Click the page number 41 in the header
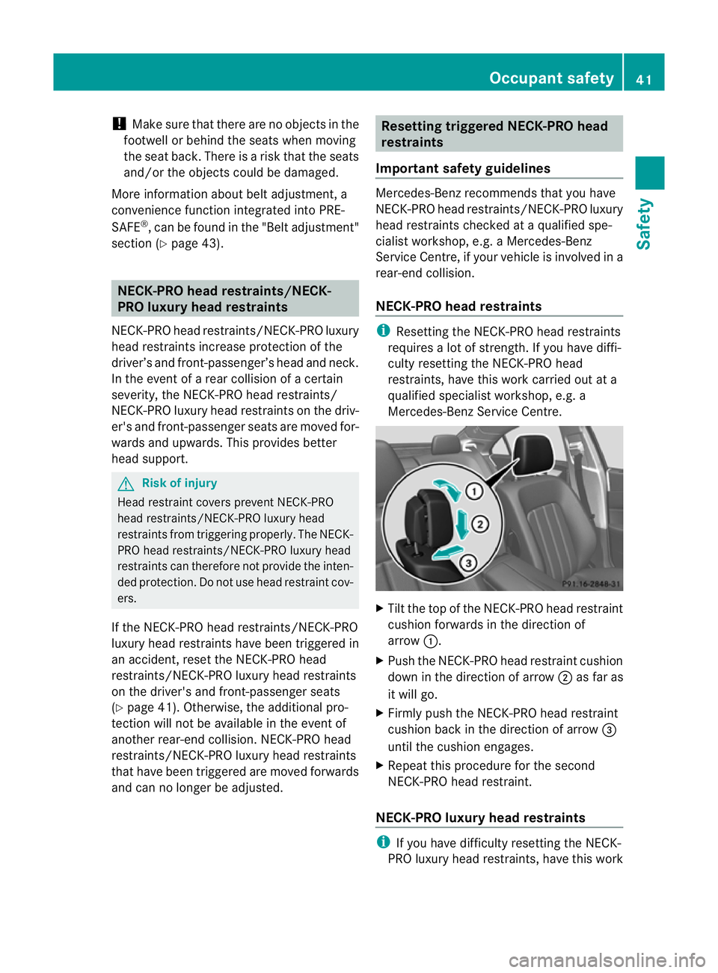pyautogui.click(x=644, y=79)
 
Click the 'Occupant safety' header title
pyautogui.click(x=551, y=78)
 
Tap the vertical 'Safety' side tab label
pyautogui.click(x=644, y=223)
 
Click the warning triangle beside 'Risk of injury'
pyautogui.click(x=126, y=484)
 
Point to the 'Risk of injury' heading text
pyautogui.click(x=179, y=483)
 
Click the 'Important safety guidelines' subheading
pyautogui.click(x=463, y=168)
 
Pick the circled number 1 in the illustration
pyautogui.click(x=474, y=491)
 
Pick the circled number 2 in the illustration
pyautogui.click(x=480, y=524)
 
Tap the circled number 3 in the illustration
pyautogui.click(x=468, y=563)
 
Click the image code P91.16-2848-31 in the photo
pyautogui.click(x=591, y=584)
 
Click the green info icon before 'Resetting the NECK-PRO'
pyautogui.click(x=383, y=330)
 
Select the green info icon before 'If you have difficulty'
pyautogui.click(x=383, y=842)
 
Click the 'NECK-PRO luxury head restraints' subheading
pyautogui.click(x=480, y=818)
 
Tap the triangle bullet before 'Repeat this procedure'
pyautogui.click(x=380, y=765)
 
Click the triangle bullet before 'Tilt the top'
pyautogui.click(x=380, y=608)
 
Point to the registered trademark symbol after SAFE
pyautogui.click(x=145, y=223)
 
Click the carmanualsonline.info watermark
pyautogui.click(x=607, y=960)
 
